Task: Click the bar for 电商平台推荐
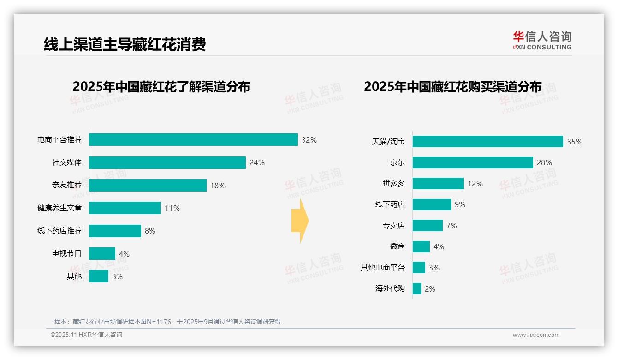tap(193, 140)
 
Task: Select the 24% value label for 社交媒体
tap(257, 162)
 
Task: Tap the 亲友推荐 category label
tap(66, 185)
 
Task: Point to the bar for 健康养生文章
tap(125, 208)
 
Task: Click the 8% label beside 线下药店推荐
tap(150, 231)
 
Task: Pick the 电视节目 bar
tap(102, 253)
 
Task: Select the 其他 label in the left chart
tap(74, 276)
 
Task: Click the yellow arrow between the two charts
tap(300, 221)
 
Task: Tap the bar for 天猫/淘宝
tap(487, 142)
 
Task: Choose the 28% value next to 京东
tap(544, 162)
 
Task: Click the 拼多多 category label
tap(393, 184)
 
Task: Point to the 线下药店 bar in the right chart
tap(432, 204)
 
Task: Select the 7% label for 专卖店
tap(452, 226)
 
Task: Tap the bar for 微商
tap(421, 246)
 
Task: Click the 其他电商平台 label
tap(382, 268)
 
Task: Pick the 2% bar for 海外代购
tap(417, 289)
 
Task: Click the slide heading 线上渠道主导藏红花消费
tap(125, 44)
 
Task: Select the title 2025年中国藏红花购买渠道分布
tap(452, 86)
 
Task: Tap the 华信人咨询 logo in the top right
tap(542, 40)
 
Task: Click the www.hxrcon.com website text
tap(535, 335)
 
